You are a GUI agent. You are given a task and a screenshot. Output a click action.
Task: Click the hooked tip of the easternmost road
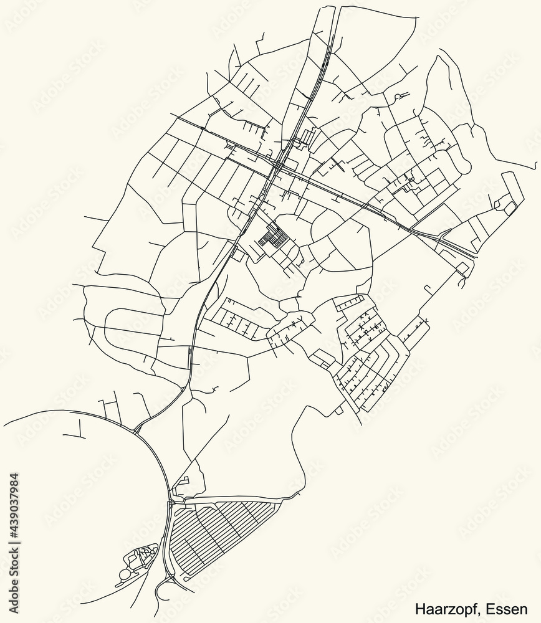(x=534, y=167)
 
